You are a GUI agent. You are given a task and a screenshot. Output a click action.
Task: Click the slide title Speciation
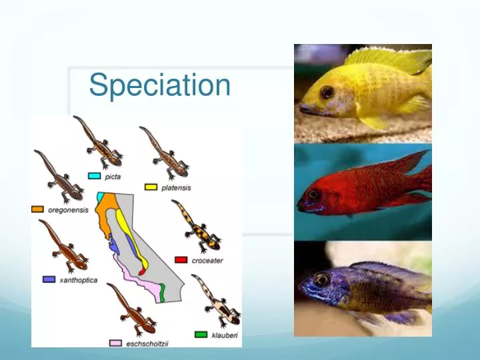pos(159,85)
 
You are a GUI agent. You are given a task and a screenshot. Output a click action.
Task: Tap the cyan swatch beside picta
pos(95,176)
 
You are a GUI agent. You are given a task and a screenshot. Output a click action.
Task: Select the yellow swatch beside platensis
pos(151,187)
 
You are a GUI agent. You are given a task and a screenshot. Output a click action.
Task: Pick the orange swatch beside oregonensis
pos(38,209)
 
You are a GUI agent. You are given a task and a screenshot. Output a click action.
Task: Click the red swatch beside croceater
pos(181,260)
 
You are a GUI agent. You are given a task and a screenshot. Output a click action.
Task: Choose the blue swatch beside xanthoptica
pos(49,279)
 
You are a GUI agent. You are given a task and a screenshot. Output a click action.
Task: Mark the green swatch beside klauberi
pos(201,334)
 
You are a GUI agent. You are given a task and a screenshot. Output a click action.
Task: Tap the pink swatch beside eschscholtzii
pos(115,343)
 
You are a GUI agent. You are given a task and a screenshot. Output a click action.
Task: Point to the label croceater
pos(207,261)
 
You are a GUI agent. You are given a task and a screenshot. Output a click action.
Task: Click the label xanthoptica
pos(78,280)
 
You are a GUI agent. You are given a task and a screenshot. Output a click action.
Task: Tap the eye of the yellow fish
pos(326,92)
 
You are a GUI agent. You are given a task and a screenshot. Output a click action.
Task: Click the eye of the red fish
pos(312,194)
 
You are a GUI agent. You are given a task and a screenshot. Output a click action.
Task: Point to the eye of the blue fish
pos(321,280)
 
